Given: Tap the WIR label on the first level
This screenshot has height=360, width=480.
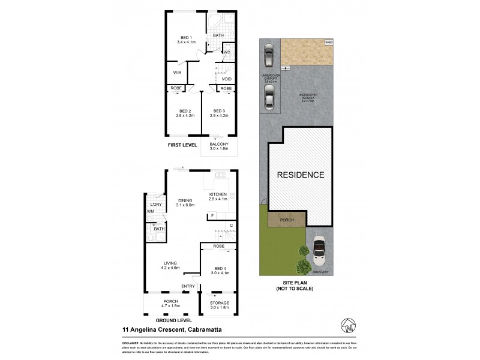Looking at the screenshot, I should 177,73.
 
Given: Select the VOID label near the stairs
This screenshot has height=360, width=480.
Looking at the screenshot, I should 226,79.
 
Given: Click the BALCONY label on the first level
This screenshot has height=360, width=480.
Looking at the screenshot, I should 218,145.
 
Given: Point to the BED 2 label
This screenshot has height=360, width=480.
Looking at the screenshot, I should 185,111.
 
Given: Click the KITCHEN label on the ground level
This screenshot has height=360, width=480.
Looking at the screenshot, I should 217,195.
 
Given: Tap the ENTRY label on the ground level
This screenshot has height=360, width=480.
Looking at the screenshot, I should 188,286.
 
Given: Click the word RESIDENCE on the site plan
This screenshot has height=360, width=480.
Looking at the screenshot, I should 300,175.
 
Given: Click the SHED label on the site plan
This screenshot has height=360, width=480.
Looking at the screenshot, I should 328,43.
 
